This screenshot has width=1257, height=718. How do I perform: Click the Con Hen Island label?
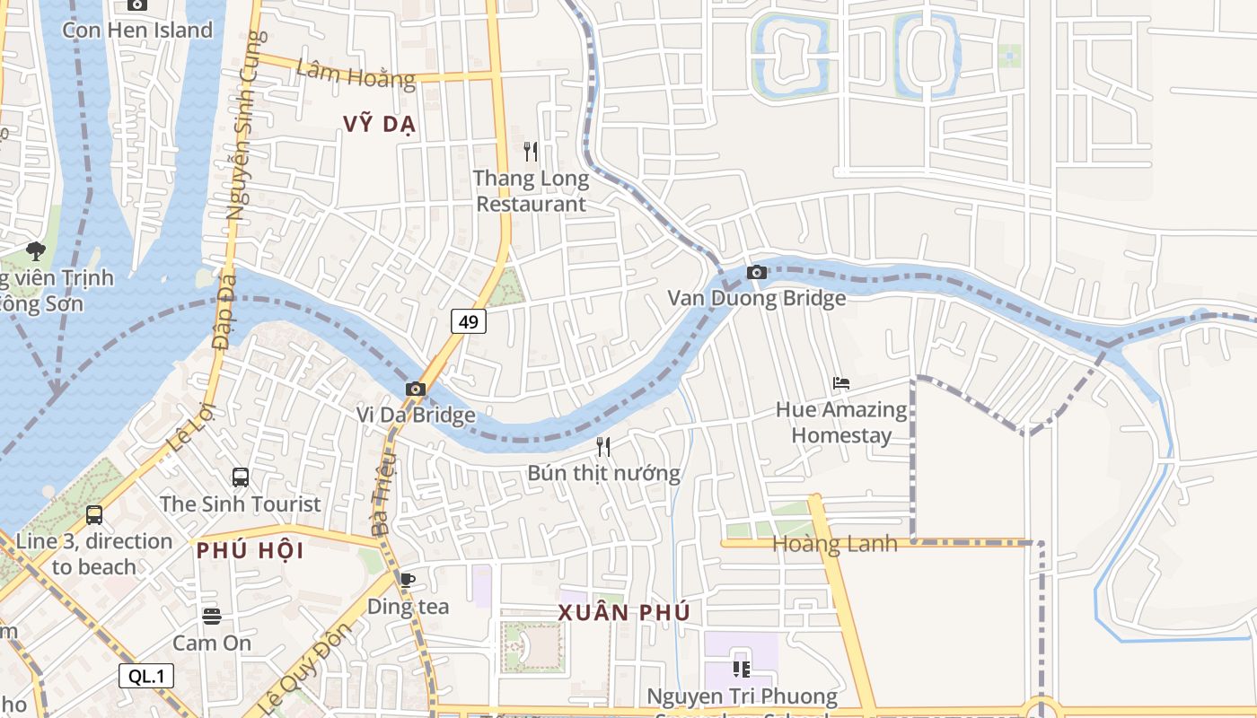(x=137, y=30)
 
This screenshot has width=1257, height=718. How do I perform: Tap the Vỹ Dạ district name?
(x=380, y=124)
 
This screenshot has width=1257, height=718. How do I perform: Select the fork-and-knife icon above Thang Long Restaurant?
(x=532, y=152)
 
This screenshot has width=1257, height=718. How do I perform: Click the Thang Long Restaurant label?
(x=532, y=191)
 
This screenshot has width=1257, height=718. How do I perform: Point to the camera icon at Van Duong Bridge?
(x=757, y=272)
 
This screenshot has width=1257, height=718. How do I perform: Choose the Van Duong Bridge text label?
(x=757, y=298)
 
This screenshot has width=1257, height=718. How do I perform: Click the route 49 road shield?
(x=469, y=320)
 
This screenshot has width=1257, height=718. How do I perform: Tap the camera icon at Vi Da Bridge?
(x=415, y=389)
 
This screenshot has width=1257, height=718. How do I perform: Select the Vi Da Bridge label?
(x=415, y=415)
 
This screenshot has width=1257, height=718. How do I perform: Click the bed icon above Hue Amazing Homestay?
(x=841, y=383)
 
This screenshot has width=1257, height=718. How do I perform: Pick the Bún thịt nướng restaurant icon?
(x=603, y=446)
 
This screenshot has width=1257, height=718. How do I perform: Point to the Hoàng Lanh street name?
(x=835, y=544)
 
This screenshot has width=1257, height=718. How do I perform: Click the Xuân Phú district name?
(x=624, y=612)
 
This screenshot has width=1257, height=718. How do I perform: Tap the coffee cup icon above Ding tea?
(x=408, y=580)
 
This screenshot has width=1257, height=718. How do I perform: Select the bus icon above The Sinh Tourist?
(x=241, y=477)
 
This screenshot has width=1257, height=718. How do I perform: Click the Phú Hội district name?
(x=251, y=550)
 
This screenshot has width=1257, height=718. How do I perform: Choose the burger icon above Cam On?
(x=212, y=617)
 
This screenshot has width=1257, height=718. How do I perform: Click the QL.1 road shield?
(x=146, y=676)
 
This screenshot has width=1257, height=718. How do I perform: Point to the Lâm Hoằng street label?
(x=356, y=74)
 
